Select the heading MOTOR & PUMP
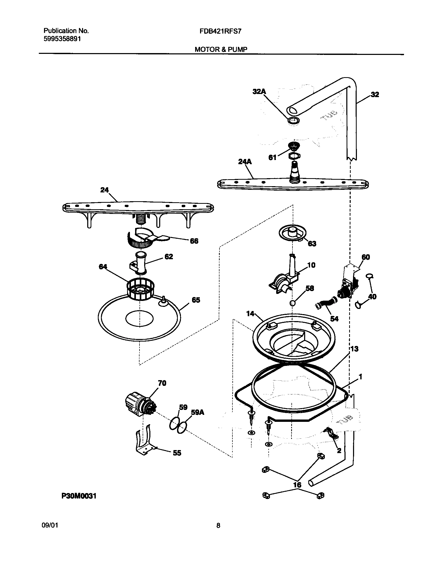221,49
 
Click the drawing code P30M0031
79,496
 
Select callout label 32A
260,91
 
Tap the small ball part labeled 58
292,303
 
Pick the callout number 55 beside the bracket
177,453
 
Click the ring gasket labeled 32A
294,121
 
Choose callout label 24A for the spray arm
245,162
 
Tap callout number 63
312,244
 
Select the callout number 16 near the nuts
297,485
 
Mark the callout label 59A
197,412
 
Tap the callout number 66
194,241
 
